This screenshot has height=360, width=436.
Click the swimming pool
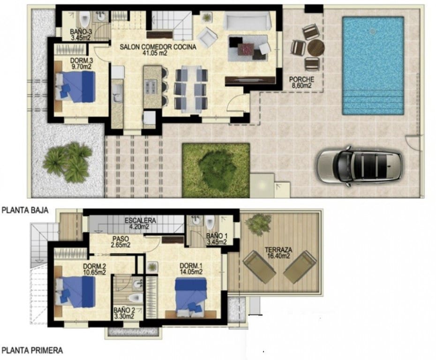(373, 66)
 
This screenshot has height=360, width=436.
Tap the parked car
(360, 166)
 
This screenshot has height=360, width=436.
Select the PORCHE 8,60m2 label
(302, 82)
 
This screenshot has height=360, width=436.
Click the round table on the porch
(316, 47)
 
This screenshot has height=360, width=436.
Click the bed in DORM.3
(76, 87)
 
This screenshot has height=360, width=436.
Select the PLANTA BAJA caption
(25, 211)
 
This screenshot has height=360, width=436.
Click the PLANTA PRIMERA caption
(32, 350)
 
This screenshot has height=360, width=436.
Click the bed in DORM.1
(191, 294)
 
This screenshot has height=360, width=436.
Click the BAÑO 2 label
(124, 313)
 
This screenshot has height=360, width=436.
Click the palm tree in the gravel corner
(68, 162)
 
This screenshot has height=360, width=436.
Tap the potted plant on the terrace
(258, 224)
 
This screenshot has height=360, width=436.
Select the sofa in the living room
(247, 21)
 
